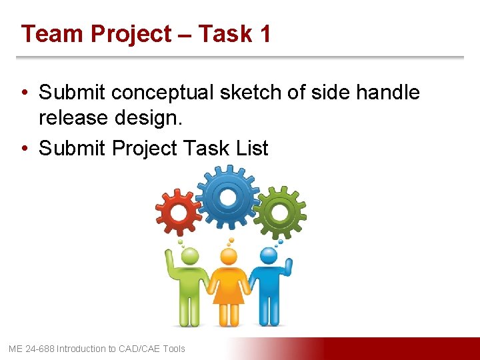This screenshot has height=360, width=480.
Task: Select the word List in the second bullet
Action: [x=251, y=147]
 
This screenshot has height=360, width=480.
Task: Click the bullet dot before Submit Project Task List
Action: [x=25, y=148]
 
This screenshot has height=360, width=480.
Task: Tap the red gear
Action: [x=178, y=212]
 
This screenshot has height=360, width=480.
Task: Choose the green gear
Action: [x=279, y=212]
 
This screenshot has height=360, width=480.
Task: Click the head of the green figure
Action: [x=190, y=256]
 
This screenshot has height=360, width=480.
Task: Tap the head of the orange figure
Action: [x=229, y=256]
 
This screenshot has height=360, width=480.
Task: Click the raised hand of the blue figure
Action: [x=288, y=265]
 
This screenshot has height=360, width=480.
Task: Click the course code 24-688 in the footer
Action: [x=39, y=349]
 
